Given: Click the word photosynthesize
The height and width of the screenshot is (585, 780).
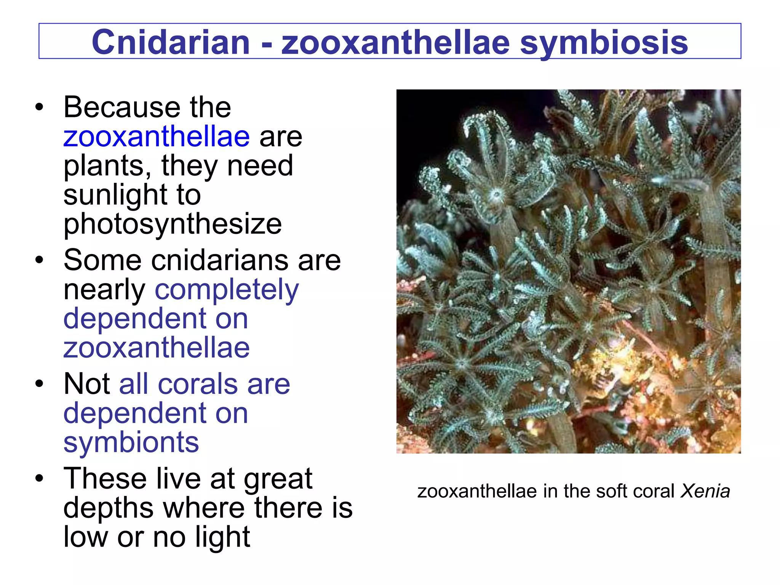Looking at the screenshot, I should click(x=173, y=224).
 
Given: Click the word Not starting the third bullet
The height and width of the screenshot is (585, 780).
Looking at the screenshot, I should click(x=86, y=384).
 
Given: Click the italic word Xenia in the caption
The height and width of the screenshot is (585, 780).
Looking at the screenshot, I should click(x=705, y=491).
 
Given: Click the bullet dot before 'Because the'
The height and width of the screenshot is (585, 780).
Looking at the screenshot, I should click(x=39, y=107).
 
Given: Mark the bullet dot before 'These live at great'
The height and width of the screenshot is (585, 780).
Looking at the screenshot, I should click(x=39, y=478).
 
